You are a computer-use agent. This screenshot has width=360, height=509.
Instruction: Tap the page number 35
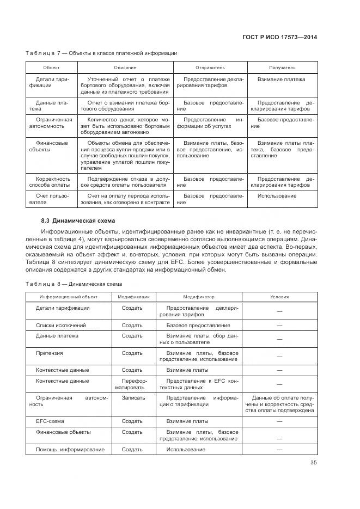point(313,463)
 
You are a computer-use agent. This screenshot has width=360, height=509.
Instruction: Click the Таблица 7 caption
point(101,53)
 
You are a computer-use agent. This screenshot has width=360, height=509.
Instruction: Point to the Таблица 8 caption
point(74,284)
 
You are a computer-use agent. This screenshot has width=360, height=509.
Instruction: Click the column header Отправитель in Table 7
point(210,68)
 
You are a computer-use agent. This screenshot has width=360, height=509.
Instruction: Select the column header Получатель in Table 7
point(282,68)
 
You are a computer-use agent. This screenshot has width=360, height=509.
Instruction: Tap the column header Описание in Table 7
point(125,68)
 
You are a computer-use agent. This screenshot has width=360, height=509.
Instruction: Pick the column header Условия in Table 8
point(279,297)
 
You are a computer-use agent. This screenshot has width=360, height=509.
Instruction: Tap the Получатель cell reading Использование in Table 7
point(277,195)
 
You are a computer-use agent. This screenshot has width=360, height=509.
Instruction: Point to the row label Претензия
point(50,353)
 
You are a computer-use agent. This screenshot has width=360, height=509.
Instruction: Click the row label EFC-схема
point(51,421)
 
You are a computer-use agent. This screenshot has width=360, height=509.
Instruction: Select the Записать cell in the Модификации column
point(133,398)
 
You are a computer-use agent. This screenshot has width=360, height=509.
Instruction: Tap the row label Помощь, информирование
point(70,450)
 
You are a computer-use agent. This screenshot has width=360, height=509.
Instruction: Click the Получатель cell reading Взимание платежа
point(281,79)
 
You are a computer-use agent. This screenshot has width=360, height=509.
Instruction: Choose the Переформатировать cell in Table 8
point(133,384)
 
